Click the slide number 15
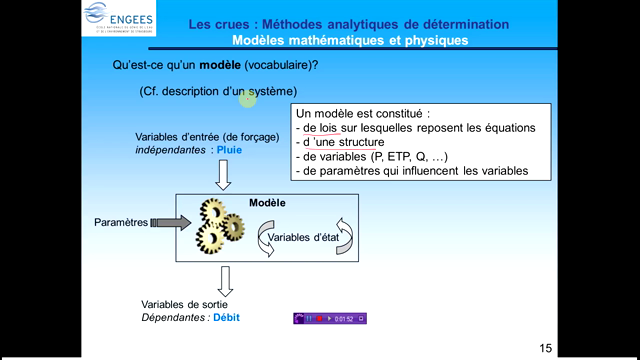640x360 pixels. coord(545,348)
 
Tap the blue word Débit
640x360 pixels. coord(225,318)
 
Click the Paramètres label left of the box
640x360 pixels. coord(121,222)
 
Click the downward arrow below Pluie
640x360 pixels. coord(223,174)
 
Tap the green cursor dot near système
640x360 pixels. coord(248,96)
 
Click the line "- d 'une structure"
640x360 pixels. coord(345,143)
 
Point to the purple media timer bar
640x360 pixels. coord(329,318)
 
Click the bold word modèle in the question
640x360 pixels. coord(218,65)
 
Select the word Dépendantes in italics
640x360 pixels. coord(175,318)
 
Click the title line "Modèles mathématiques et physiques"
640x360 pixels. coord(349,41)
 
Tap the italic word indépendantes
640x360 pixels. coord(172,150)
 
